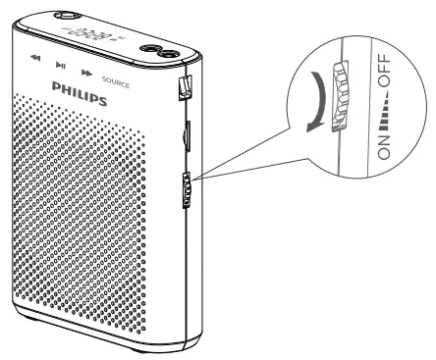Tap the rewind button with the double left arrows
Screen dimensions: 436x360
[x=36, y=59]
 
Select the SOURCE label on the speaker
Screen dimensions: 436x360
[x=114, y=78]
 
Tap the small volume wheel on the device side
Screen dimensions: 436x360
[x=186, y=190]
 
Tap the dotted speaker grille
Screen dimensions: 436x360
[x=93, y=216]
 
